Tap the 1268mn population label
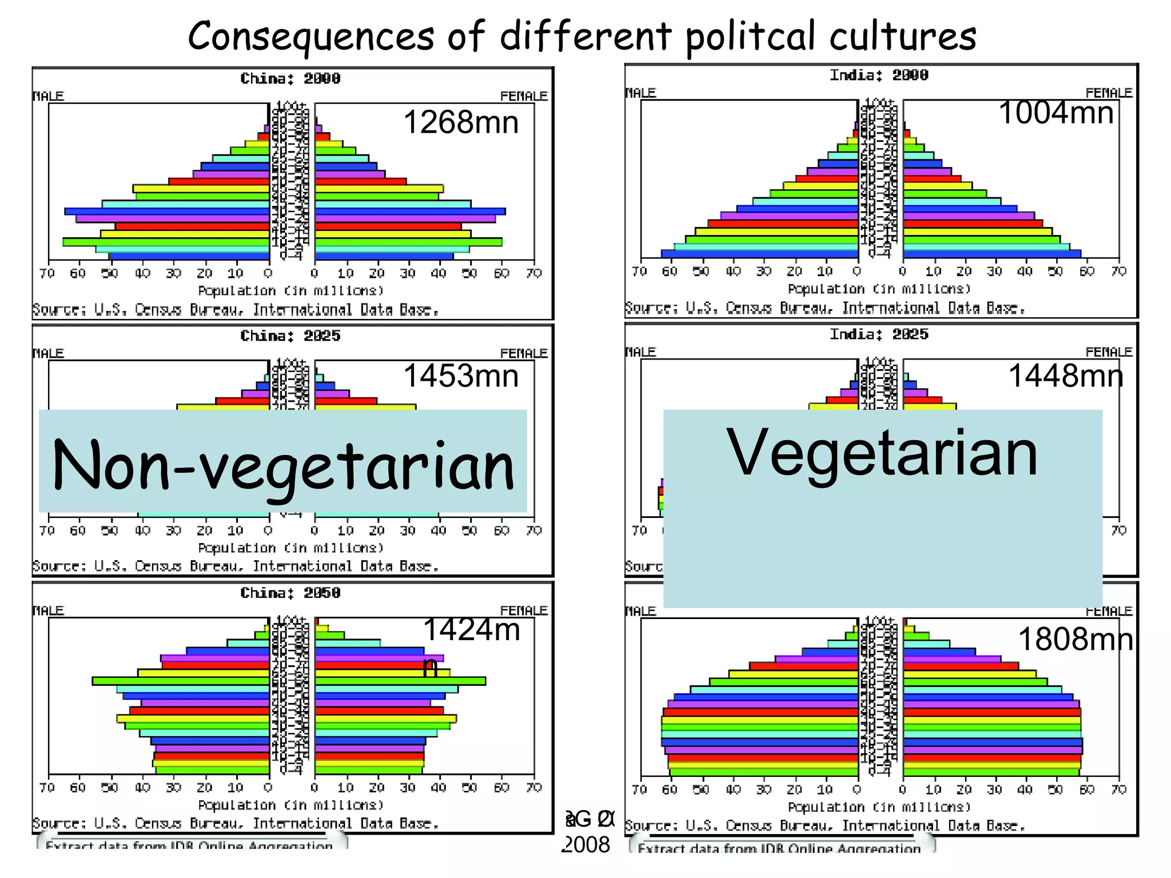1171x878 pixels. click(461, 122)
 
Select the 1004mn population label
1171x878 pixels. click(1056, 113)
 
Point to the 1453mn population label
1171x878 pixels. click(461, 376)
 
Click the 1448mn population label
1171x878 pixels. click(1065, 376)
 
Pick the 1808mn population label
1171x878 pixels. click(1075, 639)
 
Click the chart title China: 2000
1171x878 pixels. click(290, 79)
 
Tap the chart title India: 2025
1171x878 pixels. click(879, 334)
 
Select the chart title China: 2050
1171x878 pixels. click(290, 593)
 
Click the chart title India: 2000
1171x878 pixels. click(879, 75)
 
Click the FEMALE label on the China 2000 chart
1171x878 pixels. click(523, 96)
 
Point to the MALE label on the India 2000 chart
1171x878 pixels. click(640, 93)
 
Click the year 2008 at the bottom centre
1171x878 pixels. click(587, 845)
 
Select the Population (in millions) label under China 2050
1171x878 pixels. click(290, 805)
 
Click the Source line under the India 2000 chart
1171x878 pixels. click(825, 309)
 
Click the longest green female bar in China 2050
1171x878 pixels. click(400, 681)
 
